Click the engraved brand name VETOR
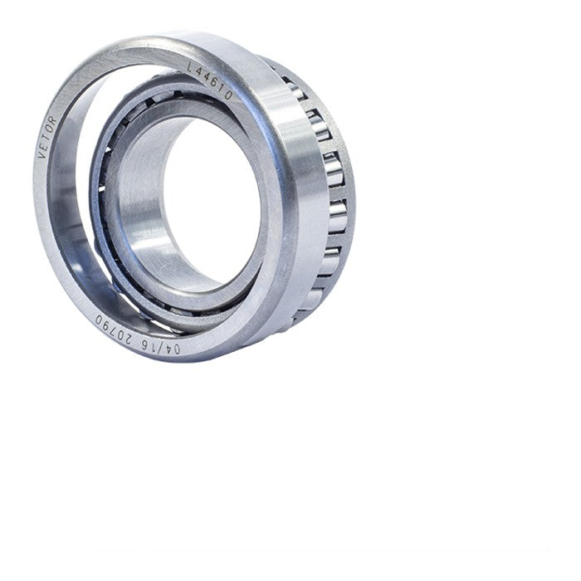(47, 137)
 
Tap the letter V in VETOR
(42, 154)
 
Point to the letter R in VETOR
(53, 121)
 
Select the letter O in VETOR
(51, 129)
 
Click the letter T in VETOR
(47, 137)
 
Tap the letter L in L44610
(191, 67)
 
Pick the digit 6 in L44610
(214, 83)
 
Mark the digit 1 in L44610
(222, 89)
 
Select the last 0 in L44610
(228, 95)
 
